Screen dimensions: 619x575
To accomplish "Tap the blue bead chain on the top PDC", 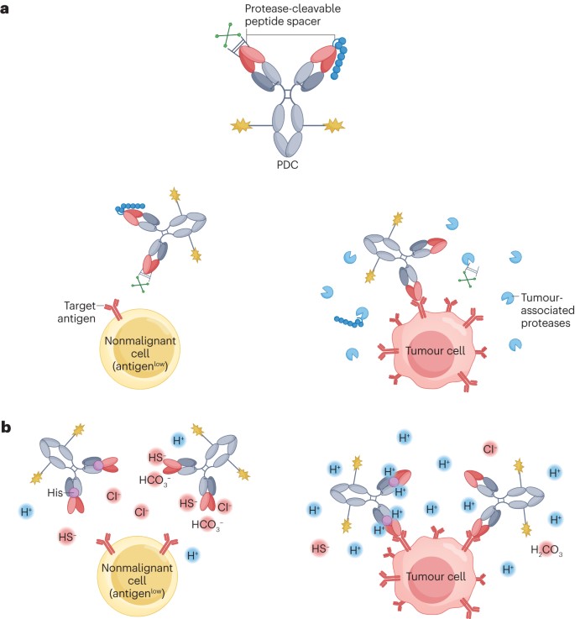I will click(x=342, y=60).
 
